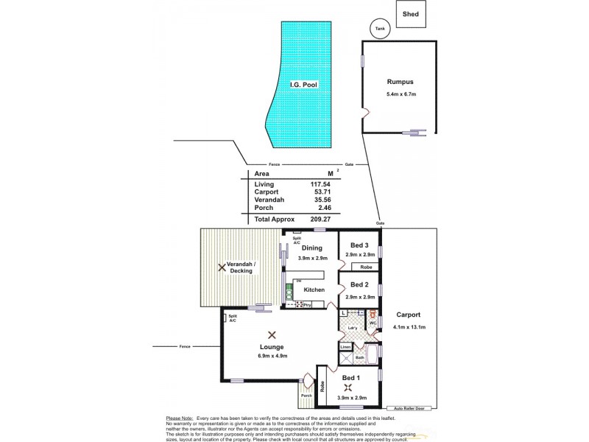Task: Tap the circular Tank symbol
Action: pos(380,29)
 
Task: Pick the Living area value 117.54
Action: pos(318,183)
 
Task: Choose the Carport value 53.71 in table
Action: pos(320,192)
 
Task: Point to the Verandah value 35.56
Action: pos(320,200)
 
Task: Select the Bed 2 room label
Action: pos(359,284)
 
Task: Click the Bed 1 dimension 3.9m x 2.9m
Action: pos(353,398)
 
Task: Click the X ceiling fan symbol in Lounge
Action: pos(272,334)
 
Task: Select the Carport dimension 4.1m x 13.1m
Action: pos(409,327)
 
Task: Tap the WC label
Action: pos(373,323)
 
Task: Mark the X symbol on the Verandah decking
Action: pos(222,267)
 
